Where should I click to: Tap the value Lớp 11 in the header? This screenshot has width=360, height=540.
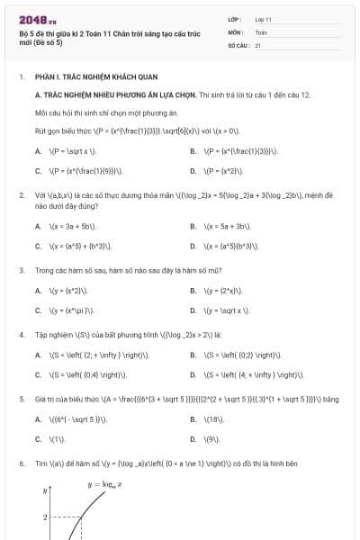[264, 19]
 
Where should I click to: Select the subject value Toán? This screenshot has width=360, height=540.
[261, 31]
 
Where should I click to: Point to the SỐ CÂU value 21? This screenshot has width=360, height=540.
[258, 45]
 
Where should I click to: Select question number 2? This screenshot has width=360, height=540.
[21, 194]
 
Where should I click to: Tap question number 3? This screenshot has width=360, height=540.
[21, 270]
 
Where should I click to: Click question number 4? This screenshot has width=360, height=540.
[21, 334]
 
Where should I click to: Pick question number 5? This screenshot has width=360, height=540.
[21, 398]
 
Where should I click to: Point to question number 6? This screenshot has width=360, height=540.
[21, 463]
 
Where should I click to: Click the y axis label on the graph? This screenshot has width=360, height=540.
[45, 491]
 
